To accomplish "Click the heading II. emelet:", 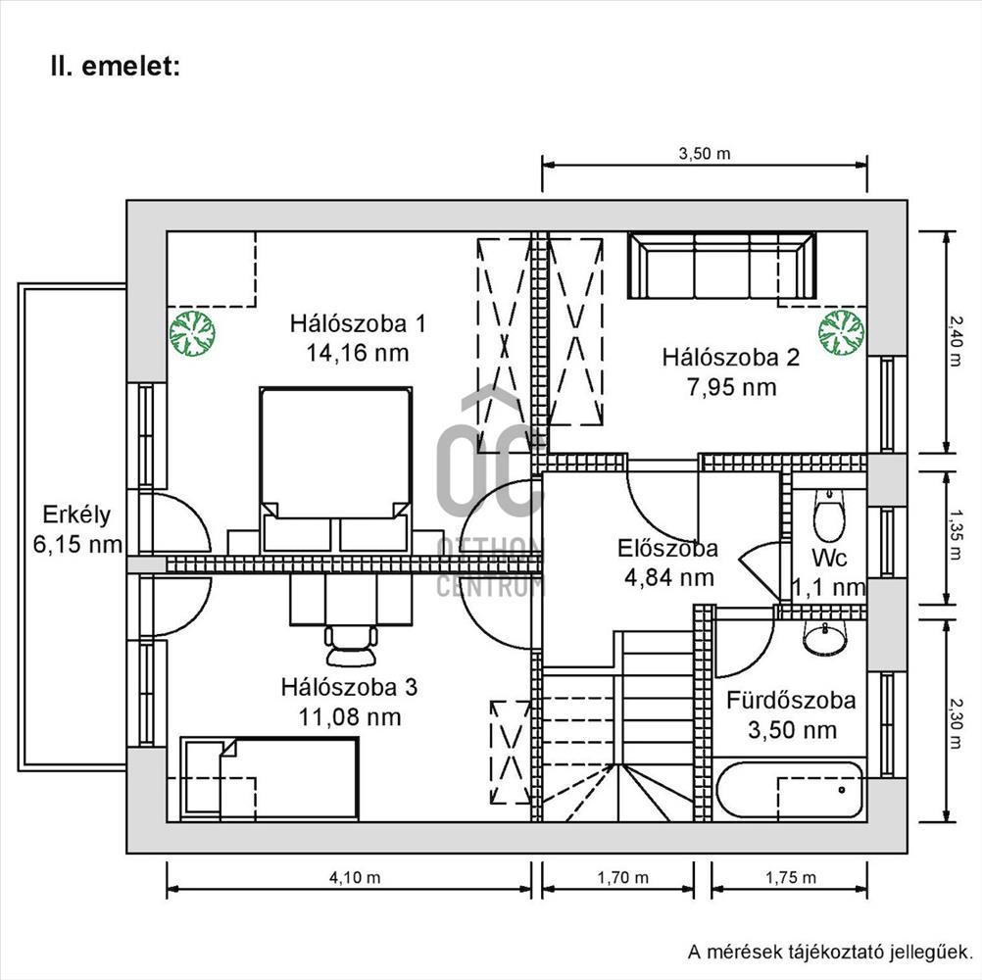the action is tap(116, 67).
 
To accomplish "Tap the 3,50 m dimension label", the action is tap(705, 154).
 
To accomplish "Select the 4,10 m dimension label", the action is tap(355, 877).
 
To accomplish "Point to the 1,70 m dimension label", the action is tap(622, 877).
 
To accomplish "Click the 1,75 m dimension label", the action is tap(790, 877).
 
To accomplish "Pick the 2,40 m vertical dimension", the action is tap(956, 340).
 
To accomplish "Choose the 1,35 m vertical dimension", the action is tap(956, 535).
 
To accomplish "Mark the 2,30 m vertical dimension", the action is tap(956, 723).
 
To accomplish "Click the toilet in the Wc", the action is tap(830, 516).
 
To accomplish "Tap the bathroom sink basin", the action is tap(826, 638).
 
